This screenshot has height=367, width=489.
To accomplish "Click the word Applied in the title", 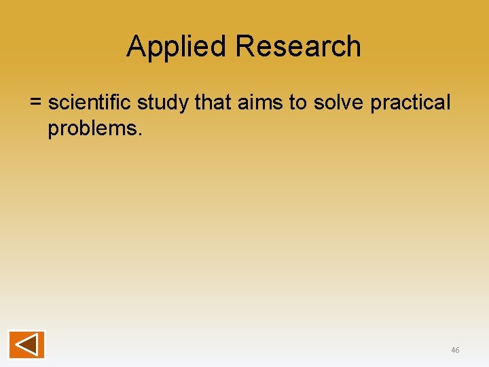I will pyautogui.click(x=177, y=47).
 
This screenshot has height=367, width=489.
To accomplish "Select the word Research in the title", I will pyautogui.click(x=298, y=47).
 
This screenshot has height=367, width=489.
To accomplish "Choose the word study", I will pyautogui.click(x=163, y=103).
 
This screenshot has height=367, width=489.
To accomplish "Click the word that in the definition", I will pyautogui.click(x=211, y=103).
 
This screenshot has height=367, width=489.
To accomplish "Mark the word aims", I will pyautogui.click(x=255, y=103).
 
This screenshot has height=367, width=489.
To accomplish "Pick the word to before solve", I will pyautogui.click(x=297, y=103).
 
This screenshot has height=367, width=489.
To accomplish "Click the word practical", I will pyautogui.click(x=410, y=103).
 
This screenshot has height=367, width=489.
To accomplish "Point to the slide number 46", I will pyautogui.click(x=455, y=350).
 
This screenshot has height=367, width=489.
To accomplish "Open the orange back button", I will pyautogui.click(x=26, y=345).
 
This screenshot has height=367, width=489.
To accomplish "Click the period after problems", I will pyautogui.click(x=140, y=134).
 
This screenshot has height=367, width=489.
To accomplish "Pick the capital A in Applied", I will pyautogui.click(x=137, y=47).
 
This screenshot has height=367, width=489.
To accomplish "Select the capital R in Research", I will pyautogui.click(x=246, y=47).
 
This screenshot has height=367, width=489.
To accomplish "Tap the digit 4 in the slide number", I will pyautogui.click(x=453, y=350).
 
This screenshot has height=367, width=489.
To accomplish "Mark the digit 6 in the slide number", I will pyautogui.click(x=457, y=350).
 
